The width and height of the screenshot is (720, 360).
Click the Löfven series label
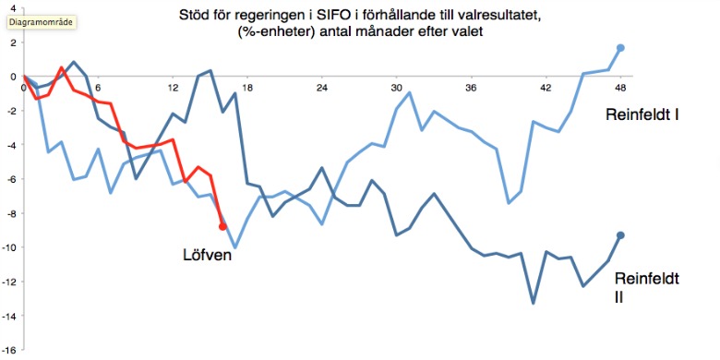[x=206, y=255]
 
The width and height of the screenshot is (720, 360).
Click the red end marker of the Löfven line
[x=222, y=226]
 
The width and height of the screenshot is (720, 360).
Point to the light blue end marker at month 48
[x=620, y=47]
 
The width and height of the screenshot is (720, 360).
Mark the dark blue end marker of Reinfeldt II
[x=620, y=235]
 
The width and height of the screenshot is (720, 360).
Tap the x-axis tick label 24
[x=322, y=89]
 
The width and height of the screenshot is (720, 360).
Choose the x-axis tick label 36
[x=471, y=89]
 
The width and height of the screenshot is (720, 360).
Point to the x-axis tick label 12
[x=173, y=89]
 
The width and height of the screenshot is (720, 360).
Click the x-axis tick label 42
[x=546, y=89]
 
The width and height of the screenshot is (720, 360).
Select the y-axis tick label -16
[x=9, y=351]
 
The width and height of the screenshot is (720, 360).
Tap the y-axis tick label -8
[x=11, y=213]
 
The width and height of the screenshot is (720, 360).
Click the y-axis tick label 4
[x=14, y=8]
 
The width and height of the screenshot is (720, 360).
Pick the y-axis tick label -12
[x=9, y=282]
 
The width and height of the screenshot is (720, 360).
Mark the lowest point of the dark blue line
[x=533, y=303]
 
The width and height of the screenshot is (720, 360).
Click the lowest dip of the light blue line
[x=235, y=247]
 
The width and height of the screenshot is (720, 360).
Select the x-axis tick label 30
[x=396, y=89]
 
